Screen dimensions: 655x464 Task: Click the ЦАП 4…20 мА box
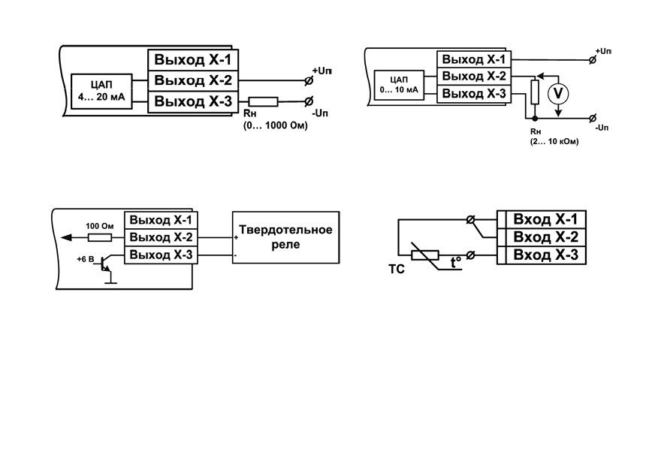101,92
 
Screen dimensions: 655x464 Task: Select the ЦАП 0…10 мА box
399,85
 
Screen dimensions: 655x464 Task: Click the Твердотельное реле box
285,237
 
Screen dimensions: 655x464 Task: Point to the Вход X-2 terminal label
545,237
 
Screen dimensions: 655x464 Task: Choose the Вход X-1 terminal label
545,219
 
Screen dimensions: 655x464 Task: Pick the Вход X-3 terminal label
545,255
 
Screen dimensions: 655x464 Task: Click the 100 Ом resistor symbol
100,238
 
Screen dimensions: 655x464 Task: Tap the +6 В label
86,259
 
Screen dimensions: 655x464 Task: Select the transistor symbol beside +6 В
105,268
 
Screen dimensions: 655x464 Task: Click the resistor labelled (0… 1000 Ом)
263,101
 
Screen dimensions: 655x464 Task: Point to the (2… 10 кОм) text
554,142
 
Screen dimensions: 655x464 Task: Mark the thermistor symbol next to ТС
425,255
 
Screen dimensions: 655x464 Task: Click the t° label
456,263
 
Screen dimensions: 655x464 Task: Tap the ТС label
397,270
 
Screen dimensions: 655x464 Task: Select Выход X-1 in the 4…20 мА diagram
193,60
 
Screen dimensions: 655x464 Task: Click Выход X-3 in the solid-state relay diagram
161,255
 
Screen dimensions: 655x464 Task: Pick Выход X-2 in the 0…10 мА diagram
474,77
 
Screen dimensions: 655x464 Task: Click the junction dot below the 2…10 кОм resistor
535,119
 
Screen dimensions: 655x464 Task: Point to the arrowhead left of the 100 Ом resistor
66,238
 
